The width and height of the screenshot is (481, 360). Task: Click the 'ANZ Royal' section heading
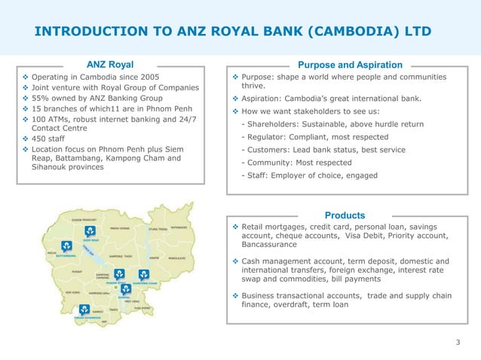click(x=110, y=65)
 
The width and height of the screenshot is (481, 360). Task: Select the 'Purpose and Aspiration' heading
click(x=350, y=65)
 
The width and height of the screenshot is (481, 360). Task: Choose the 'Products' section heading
click(x=345, y=215)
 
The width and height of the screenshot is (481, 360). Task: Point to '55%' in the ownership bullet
click(x=42, y=98)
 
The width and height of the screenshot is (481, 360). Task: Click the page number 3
click(x=458, y=343)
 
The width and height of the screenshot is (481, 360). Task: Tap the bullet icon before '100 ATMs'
click(x=26, y=119)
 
